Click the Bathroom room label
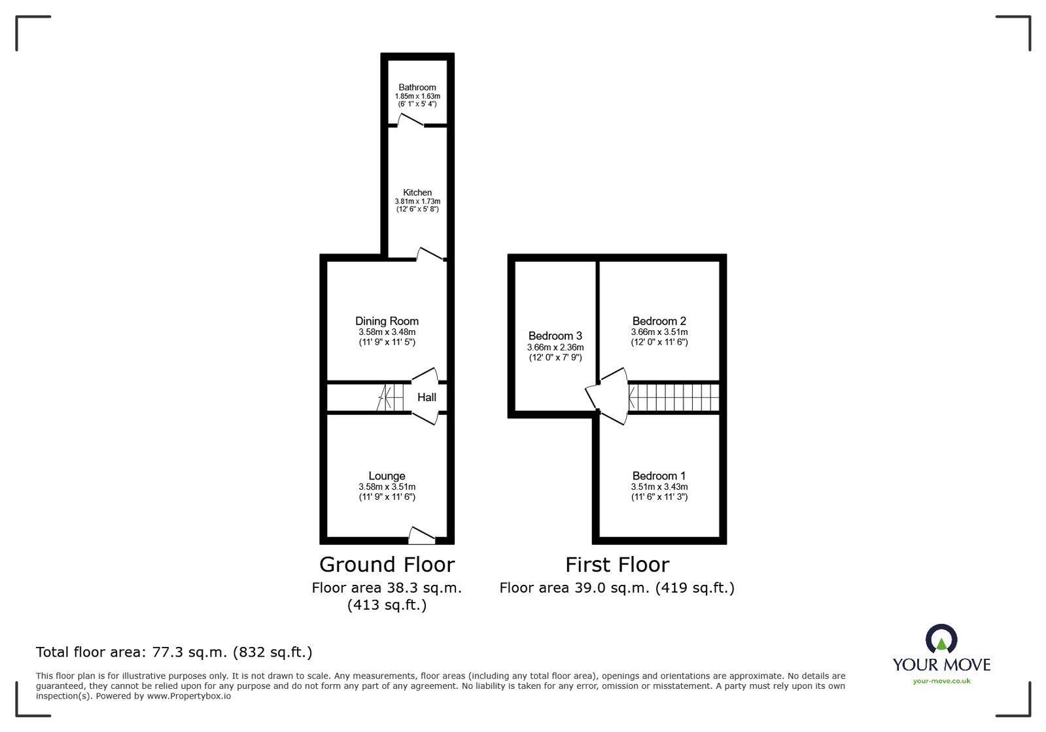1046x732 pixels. tap(417, 88)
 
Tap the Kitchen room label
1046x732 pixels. tap(417, 192)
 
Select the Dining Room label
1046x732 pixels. tap(387, 321)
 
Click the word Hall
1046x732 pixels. tap(427, 397)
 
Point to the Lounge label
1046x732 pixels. tap(387, 476)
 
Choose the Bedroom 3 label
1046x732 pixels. tap(555, 336)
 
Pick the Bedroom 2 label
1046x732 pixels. tap(659, 321)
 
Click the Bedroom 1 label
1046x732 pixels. tap(659, 476)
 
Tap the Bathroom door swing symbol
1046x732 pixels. tap(411, 120)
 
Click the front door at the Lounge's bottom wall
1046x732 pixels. tap(421, 536)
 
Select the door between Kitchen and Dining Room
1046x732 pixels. tap(430, 254)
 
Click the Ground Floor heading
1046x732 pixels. tap(387, 565)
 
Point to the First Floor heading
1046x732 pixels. tap(617, 565)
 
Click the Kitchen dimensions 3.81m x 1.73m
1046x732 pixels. tap(417, 201)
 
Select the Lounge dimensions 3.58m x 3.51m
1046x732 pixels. tap(387, 487)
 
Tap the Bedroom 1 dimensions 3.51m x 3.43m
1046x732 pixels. tap(659, 487)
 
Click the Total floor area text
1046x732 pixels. tap(174, 652)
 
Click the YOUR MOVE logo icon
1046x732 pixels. tap(941, 639)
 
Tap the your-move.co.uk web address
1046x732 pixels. tap(941, 681)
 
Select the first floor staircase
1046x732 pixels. tap(674, 397)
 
